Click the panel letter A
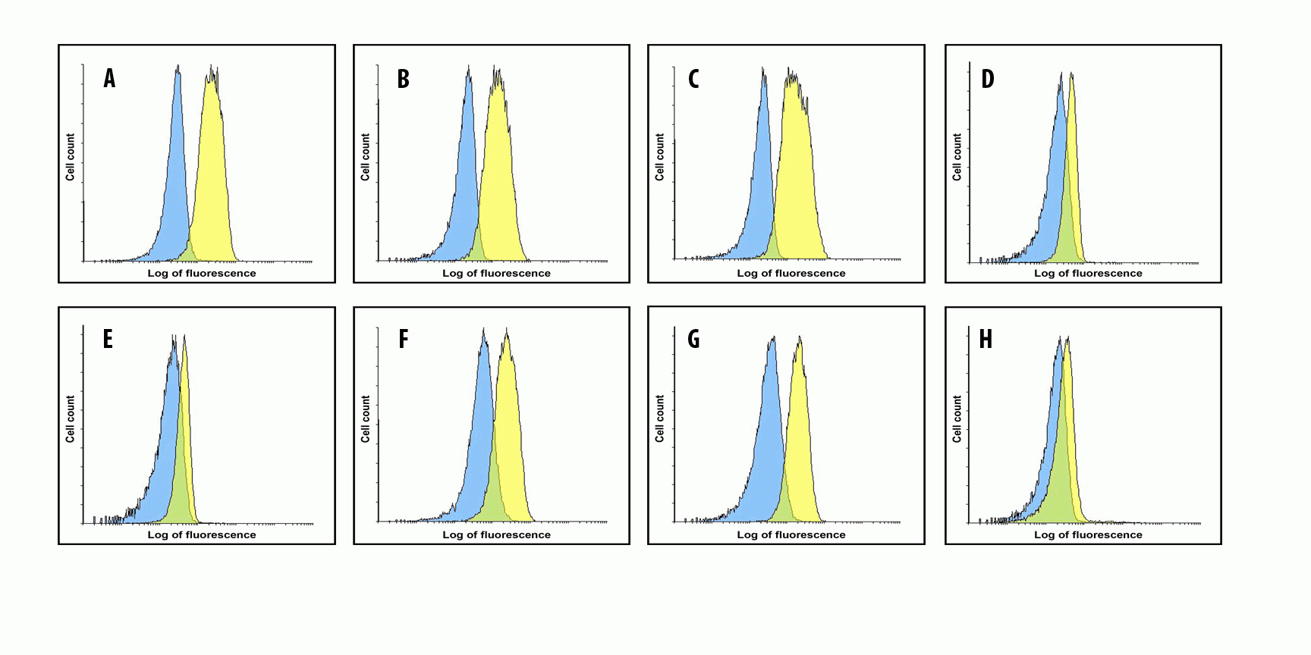pyautogui.click(x=110, y=78)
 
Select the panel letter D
pyautogui.click(x=987, y=79)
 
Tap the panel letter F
pyautogui.click(x=404, y=339)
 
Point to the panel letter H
pyautogui.click(x=986, y=339)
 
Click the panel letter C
pyautogui.click(x=693, y=79)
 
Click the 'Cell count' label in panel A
pyautogui.click(x=71, y=157)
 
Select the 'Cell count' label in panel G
pyautogui.click(x=659, y=418)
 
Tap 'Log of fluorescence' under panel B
pyautogui.click(x=496, y=273)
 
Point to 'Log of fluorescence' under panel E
pyautogui.click(x=202, y=534)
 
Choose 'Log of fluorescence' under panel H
pyautogui.click(x=1088, y=534)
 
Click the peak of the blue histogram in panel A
pyautogui.click(x=178, y=68)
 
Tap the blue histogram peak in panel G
pyautogui.click(x=772, y=340)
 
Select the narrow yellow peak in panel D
pyautogui.click(x=1071, y=75)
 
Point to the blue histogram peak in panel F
pyautogui.click(x=483, y=332)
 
